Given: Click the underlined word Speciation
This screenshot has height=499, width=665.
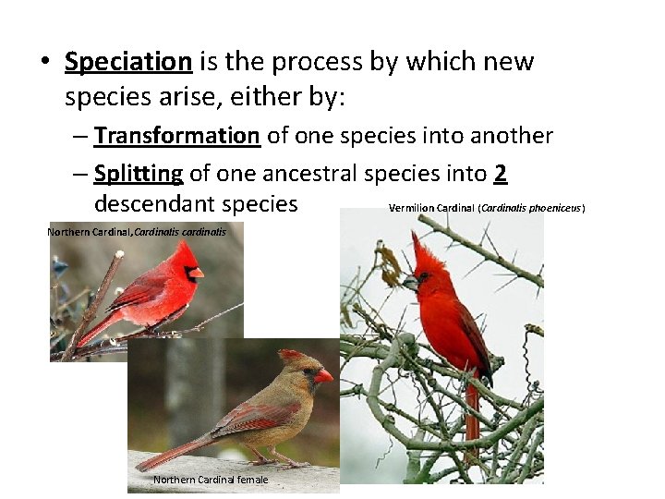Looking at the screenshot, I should click(x=127, y=62).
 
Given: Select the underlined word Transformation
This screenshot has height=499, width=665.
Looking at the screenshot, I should click(x=176, y=137).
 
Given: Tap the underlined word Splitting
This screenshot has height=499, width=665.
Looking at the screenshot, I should click(x=139, y=174).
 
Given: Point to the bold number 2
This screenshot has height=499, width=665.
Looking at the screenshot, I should click(x=502, y=174).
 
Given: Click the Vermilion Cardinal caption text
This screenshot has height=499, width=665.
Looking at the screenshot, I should click(x=486, y=208).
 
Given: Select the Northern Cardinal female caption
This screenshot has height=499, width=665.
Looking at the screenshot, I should click(x=211, y=480).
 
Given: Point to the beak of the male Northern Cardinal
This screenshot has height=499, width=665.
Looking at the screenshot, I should click(x=196, y=272).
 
